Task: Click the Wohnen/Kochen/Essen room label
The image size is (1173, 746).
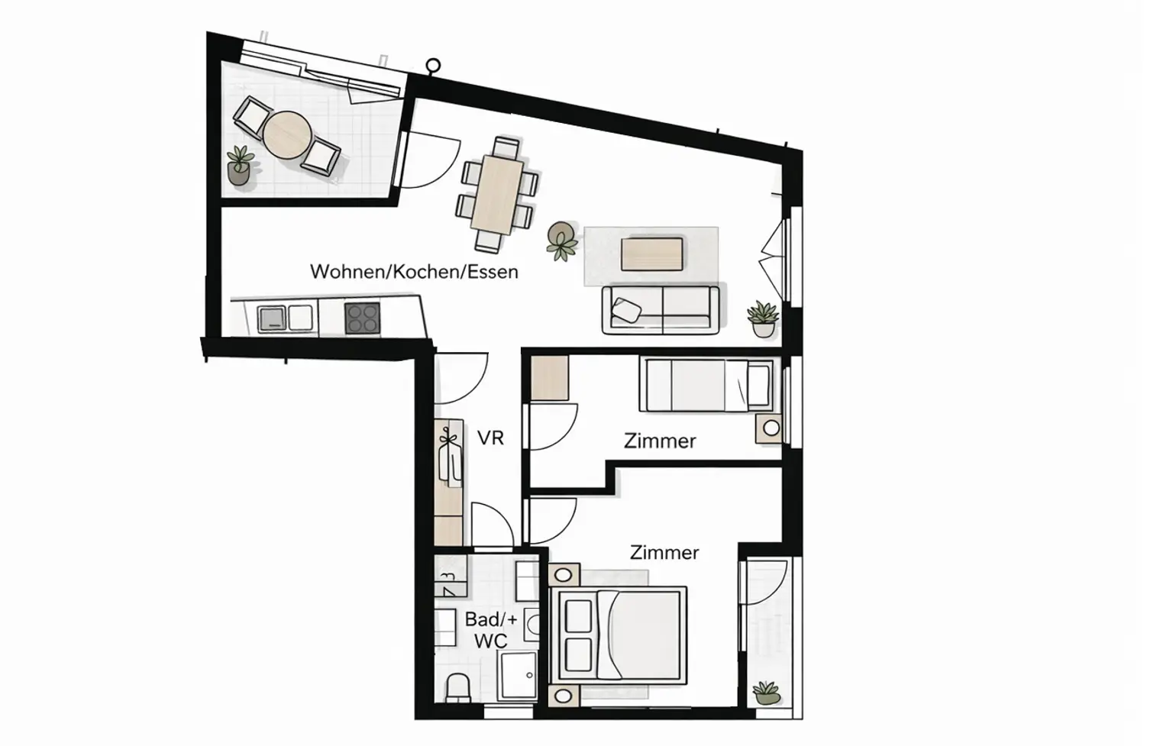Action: tap(414, 272)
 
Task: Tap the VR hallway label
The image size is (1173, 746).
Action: tap(490, 438)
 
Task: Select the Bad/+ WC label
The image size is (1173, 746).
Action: tap(490, 630)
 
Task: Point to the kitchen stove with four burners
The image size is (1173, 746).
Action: tap(362, 318)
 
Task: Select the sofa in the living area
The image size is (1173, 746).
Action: tap(661, 309)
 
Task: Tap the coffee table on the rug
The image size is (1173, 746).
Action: tap(651, 254)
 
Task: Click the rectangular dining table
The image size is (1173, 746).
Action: tap(497, 195)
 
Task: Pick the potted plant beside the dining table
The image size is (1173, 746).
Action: tap(563, 241)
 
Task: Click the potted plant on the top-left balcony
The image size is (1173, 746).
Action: tap(240, 166)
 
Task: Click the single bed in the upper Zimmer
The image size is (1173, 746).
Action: tap(707, 385)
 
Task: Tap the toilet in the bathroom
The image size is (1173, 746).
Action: tap(459, 687)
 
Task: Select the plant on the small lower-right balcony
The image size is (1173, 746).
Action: tap(766, 693)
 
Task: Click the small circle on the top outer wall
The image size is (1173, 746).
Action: tap(434, 66)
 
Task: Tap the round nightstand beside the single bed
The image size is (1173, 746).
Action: tap(771, 428)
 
